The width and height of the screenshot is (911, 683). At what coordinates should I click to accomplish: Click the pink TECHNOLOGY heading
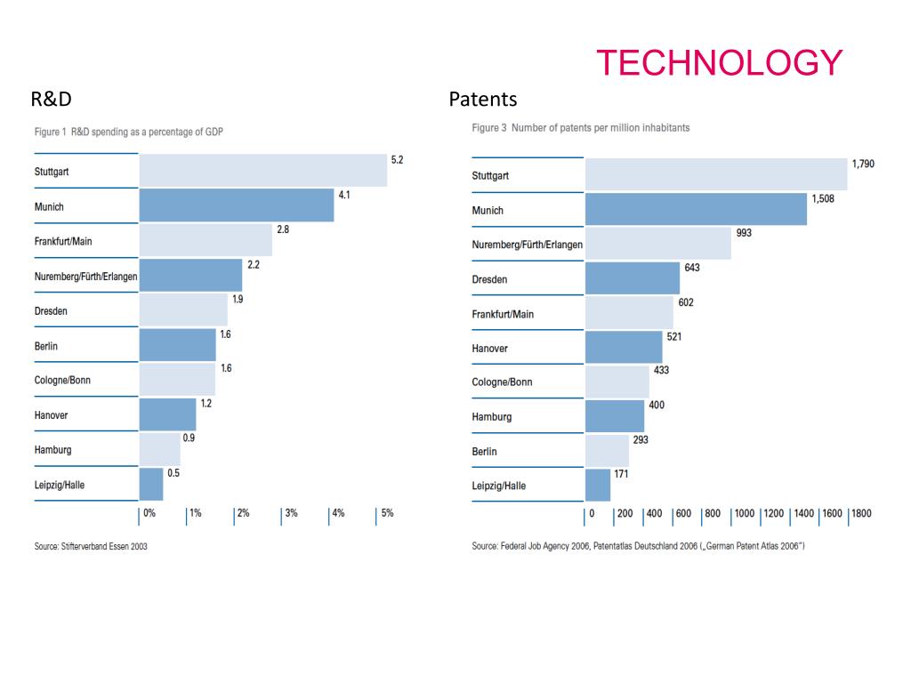coord(719,63)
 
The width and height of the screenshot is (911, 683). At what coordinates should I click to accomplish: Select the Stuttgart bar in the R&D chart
coord(262,171)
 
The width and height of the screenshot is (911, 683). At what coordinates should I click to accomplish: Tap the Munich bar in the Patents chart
coord(696,210)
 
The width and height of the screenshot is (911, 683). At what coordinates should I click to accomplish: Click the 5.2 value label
coord(397,160)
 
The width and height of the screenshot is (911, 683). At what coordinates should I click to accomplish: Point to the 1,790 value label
coord(863,165)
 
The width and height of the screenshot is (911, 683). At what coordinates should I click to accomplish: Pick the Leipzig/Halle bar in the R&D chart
coord(151,485)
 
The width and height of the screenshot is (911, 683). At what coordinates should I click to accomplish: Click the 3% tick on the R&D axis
coord(290,513)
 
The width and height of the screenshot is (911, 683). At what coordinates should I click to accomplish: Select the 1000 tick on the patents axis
coord(745,513)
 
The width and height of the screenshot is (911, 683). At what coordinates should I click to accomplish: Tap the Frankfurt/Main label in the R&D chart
coord(63,241)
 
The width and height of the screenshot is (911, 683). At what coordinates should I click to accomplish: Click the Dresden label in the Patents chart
coord(489,279)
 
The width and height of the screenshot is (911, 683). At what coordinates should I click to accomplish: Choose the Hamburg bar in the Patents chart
coord(615,416)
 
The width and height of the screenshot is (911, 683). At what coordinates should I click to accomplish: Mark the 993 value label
coord(744,233)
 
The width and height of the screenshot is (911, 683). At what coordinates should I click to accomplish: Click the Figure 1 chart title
coord(129,132)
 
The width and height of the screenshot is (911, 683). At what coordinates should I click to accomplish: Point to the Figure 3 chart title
coord(581,128)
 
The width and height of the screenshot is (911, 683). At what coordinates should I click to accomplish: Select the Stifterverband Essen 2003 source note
coord(91,547)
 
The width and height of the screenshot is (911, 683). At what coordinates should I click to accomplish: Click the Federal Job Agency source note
coord(638,546)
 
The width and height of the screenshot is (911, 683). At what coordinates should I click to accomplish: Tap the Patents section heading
coord(483,99)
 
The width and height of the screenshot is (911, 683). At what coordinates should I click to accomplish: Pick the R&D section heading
coord(51,99)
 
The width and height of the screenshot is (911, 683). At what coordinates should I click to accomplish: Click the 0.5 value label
coord(173,473)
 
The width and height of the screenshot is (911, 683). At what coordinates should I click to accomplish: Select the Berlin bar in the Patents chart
coord(607,451)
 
